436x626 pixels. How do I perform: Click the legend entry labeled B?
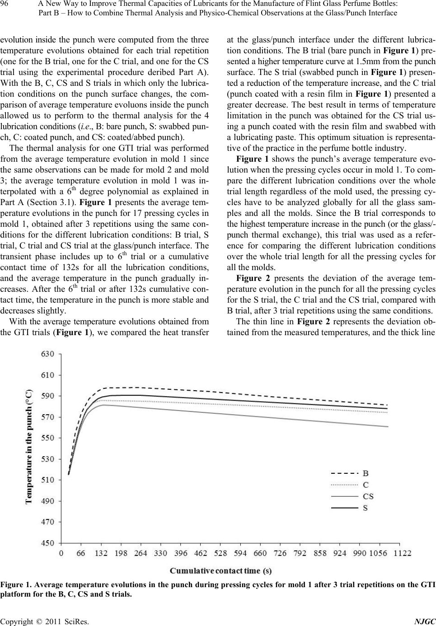pyautogui.click(x=366, y=473)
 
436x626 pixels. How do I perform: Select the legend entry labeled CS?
pyautogui.click(x=368, y=496)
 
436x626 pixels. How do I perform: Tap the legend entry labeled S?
pyautogui.click(x=365, y=508)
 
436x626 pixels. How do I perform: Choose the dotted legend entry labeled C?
pyautogui.click(x=366, y=485)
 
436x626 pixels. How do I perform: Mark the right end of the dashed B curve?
pyautogui.click(x=387, y=405)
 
